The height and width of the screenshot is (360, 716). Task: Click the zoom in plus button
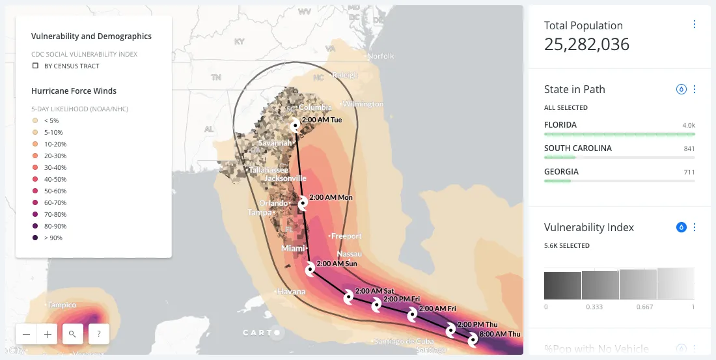[x=48, y=334]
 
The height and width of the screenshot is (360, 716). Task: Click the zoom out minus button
[x=26, y=334]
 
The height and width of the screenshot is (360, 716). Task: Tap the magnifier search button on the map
[x=72, y=334]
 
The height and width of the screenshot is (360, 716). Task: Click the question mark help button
[x=98, y=334]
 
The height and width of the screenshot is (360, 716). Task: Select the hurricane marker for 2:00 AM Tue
[x=296, y=124]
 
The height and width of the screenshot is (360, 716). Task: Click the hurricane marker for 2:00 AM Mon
[x=303, y=204]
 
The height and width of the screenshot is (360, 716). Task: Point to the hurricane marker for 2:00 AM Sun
[x=310, y=268]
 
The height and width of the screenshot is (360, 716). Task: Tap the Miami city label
[x=294, y=249]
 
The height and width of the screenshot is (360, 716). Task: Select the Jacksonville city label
[x=284, y=178]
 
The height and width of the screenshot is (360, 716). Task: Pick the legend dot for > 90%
[x=35, y=238]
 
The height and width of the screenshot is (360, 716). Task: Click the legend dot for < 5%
[x=35, y=120]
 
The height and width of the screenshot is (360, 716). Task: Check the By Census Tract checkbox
[x=36, y=66]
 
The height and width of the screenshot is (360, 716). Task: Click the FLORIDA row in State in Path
[x=619, y=125]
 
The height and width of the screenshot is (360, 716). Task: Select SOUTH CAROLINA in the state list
[x=619, y=148]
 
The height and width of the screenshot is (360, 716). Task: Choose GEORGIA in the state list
[x=619, y=172]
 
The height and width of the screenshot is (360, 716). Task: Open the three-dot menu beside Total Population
[x=695, y=24]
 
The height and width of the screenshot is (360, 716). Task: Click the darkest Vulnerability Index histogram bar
[x=562, y=285]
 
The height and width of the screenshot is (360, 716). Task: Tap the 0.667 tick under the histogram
[x=637, y=307]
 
